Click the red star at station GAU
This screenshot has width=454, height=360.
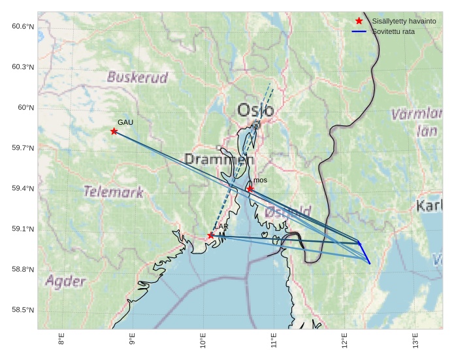click(114, 131)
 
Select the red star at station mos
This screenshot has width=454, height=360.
click(250, 189)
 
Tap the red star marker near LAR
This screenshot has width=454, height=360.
click(211, 235)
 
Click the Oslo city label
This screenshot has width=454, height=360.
click(255, 110)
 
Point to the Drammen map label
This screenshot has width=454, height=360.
click(219, 159)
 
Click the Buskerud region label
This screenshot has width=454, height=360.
click(137, 78)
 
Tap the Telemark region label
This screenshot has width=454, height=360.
click(114, 192)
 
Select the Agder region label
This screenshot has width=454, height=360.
click(65, 282)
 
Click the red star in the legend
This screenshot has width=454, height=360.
click(359, 21)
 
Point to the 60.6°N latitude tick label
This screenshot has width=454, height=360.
click(23, 26)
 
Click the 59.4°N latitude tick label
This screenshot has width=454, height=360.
click(23, 189)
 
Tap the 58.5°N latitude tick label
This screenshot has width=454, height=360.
click(23, 310)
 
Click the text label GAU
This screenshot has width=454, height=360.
click(125, 122)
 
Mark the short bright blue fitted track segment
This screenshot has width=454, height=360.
click(365, 253)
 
